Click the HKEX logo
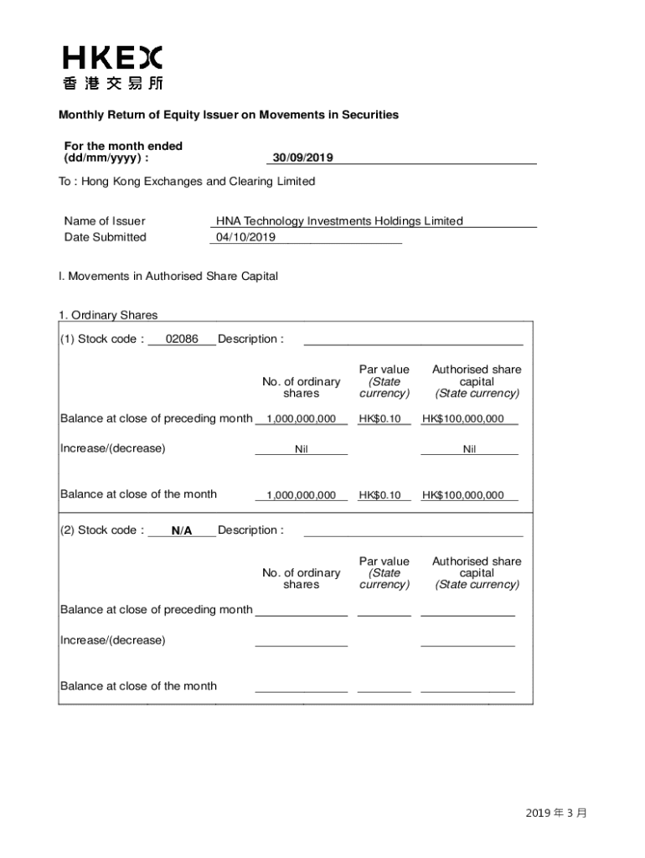coord(112,57)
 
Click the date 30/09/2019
coord(302,158)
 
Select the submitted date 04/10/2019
coord(245,237)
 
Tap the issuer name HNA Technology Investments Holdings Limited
coord(339,221)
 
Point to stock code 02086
coord(182,339)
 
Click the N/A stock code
coord(182,530)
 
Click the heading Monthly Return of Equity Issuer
coord(228,115)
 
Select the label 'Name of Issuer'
coord(105,221)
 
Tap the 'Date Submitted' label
coord(105,237)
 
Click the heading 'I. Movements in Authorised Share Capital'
coord(168,276)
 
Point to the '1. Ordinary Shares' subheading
coord(108,315)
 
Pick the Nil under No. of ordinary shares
coord(302,449)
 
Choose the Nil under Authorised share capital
coord(469,449)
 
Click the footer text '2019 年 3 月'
coord(557,813)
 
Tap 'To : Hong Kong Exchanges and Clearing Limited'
coord(187,181)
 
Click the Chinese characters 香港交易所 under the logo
coord(112,83)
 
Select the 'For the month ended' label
coord(123,146)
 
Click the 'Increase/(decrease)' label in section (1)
coord(113,448)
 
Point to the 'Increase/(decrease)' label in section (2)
coord(113,640)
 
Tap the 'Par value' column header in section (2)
coord(384,561)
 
